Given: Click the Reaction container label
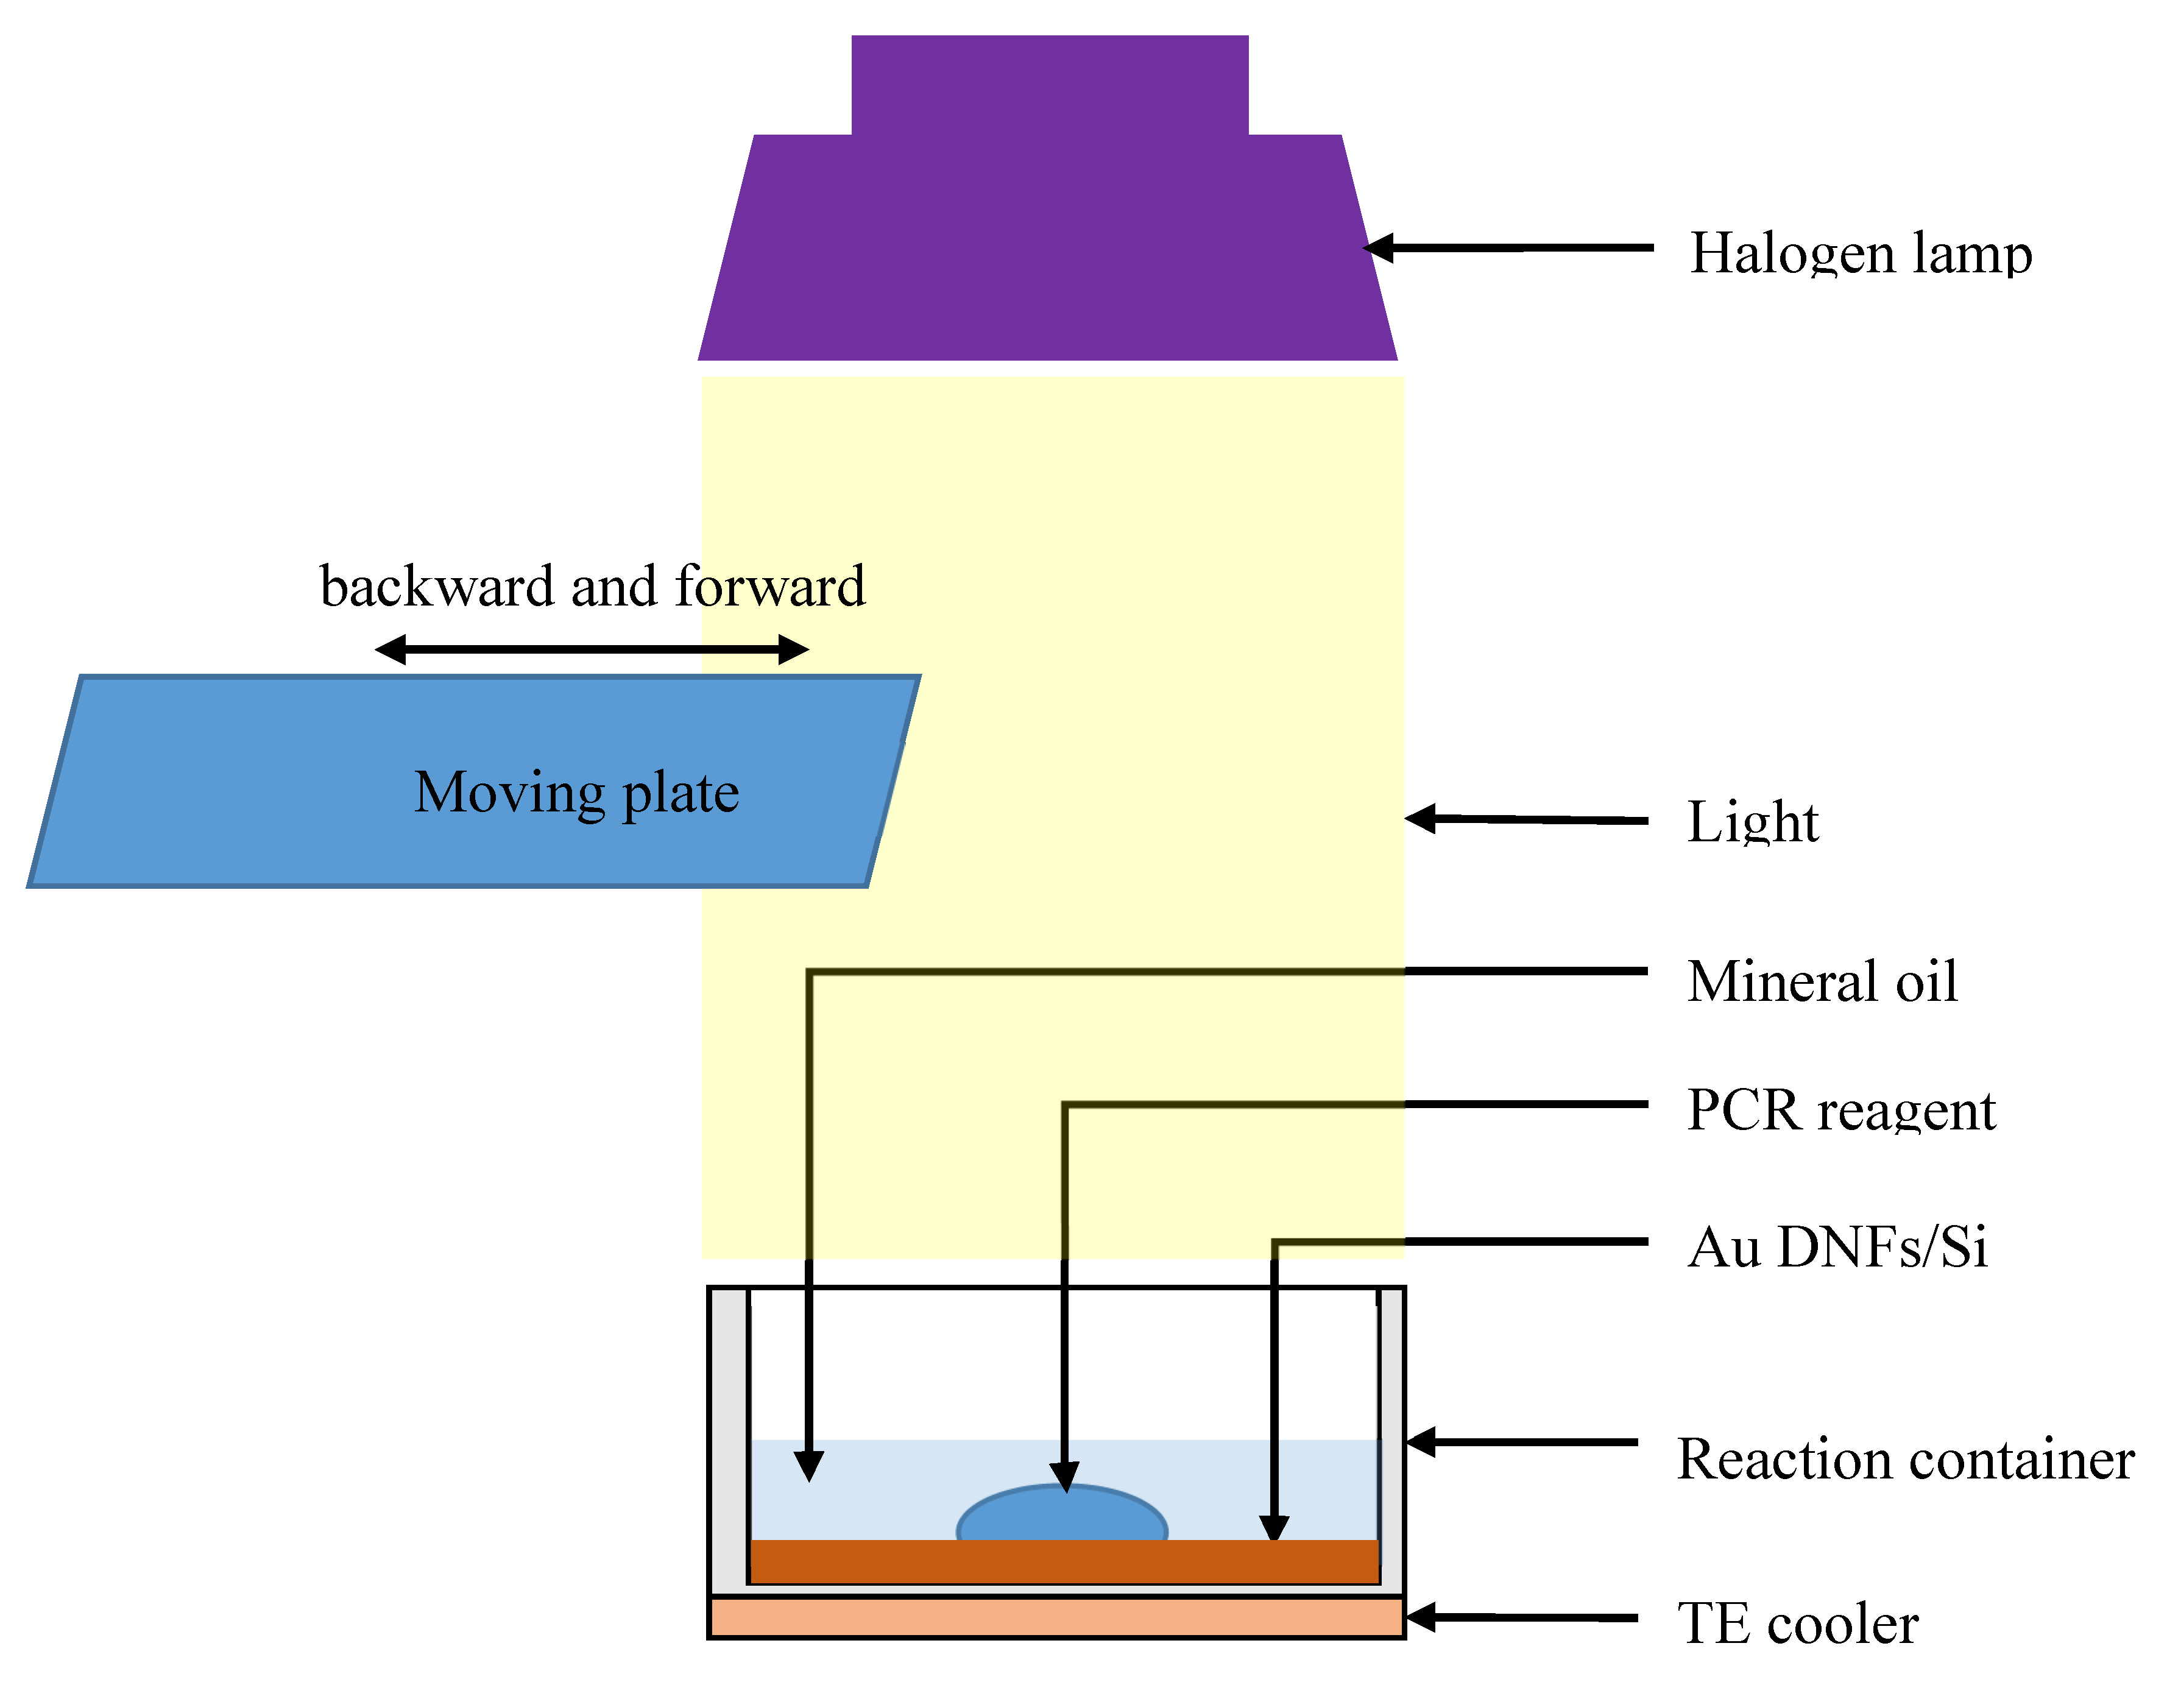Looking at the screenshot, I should click(1905, 1459).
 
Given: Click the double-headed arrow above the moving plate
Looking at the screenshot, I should click(592, 650).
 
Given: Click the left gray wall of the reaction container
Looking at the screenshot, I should click(727, 1439).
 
